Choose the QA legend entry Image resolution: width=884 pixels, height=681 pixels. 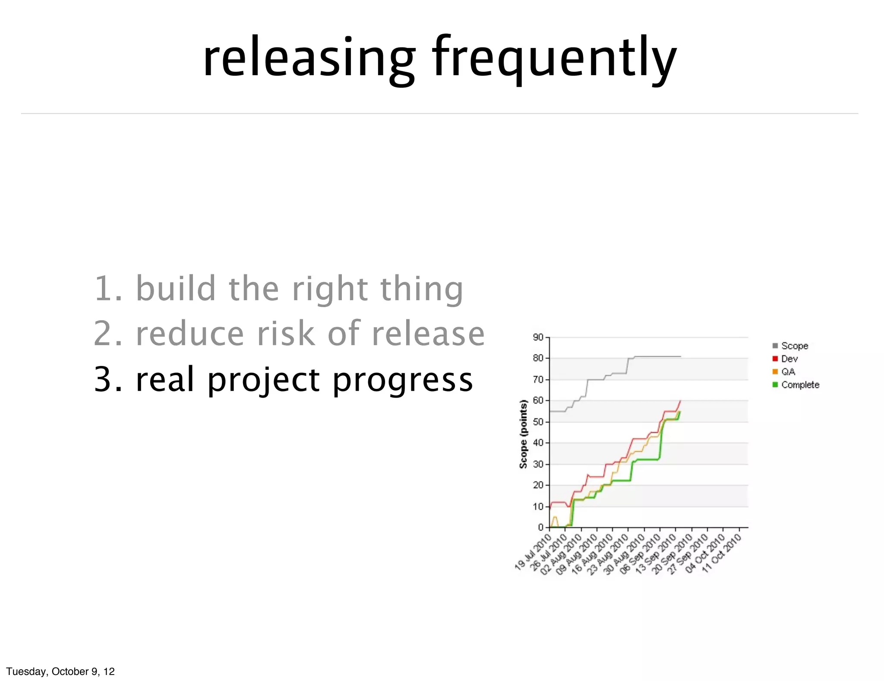(787, 372)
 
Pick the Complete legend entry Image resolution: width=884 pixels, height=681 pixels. (799, 385)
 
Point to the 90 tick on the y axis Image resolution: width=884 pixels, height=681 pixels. (538, 337)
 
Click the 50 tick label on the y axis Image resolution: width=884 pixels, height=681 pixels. (538, 422)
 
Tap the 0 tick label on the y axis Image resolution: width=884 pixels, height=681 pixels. (540, 527)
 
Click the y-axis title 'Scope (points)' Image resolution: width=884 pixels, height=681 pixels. (523, 434)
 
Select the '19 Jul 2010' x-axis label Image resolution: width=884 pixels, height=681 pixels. (534, 552)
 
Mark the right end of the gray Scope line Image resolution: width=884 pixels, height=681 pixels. (681, 356)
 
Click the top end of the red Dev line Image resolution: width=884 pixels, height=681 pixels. (680, 401)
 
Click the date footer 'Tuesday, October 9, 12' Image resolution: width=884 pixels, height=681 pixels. (60, 671)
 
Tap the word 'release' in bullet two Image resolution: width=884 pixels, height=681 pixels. (428, 334)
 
